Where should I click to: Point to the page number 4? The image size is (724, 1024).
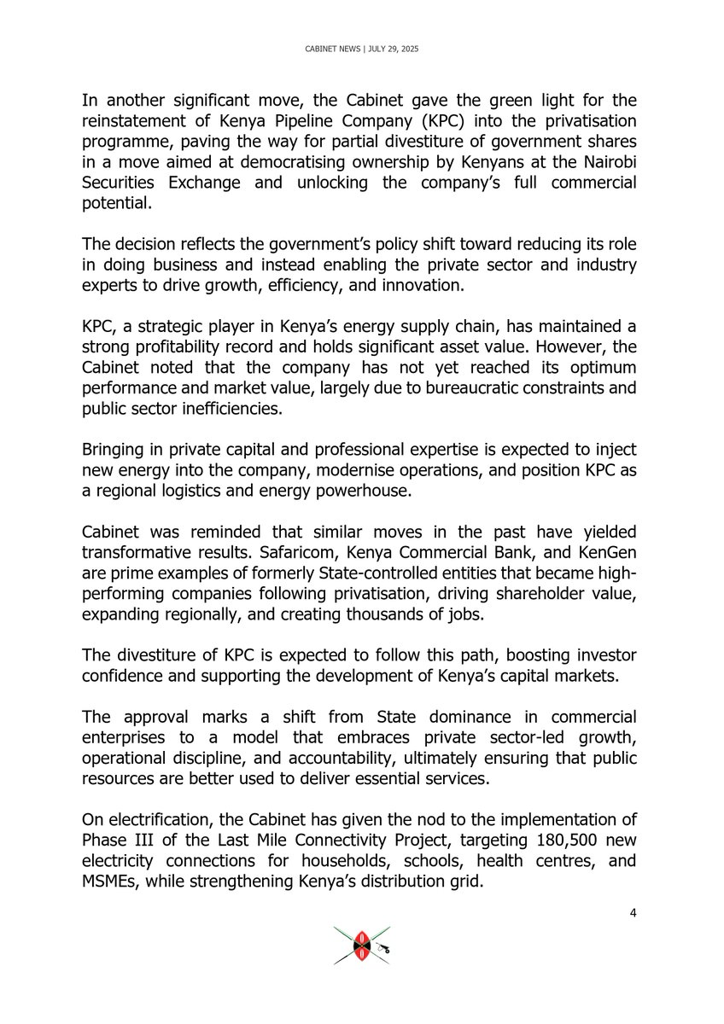point(633,914)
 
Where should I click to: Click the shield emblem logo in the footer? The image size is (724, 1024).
point(362,945)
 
